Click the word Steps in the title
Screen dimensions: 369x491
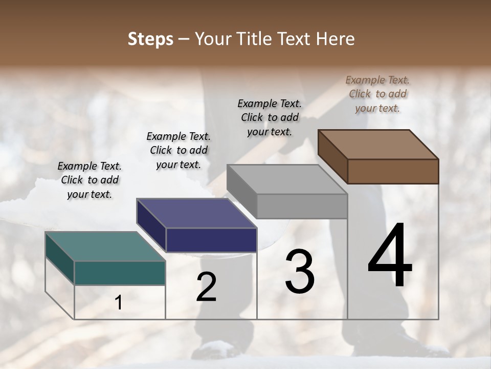[x=150, y=39]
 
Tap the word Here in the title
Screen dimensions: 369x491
[x=336, y=39]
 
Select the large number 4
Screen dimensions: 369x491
[x=390, y=256]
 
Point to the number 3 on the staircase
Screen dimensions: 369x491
[x=300, y=272]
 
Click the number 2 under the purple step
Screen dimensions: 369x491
[x=207, y=287]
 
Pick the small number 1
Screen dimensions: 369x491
[x=119, y=303]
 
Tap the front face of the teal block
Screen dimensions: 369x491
[x=120, y=273]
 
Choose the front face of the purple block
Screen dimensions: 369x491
[x=211, y=240]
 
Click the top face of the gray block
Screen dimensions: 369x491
[x=286, y=179]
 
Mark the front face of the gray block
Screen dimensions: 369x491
[x=302, y=206]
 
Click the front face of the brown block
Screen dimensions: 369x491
[x=393, y=171]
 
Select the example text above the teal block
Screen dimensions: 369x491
[x=90, y=180]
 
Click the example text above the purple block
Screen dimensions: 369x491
[x=178, y=150]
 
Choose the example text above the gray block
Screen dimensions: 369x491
[x=270, y=117]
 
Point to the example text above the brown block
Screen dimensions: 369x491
[x=377, y=94]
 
